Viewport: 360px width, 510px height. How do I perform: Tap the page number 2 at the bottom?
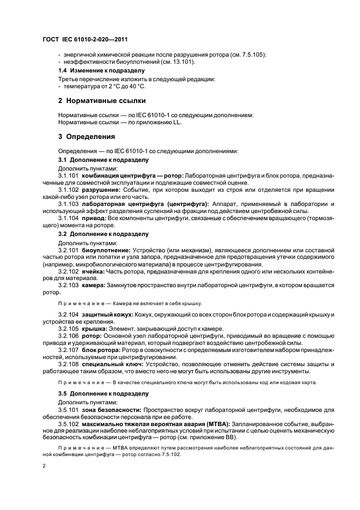44,465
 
